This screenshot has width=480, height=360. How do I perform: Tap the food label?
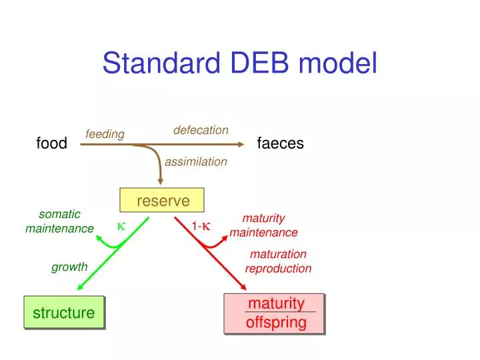[x=51, y=143]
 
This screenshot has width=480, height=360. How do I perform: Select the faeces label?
[x=280, y=143]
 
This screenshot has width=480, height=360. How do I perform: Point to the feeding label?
[x=105, y=135]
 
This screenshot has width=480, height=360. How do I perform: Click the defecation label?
[x=201, y=130]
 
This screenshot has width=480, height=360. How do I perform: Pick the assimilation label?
[x=196, y=161]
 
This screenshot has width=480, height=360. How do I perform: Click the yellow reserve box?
[x=162, y=201]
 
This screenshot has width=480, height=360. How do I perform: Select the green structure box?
[x=64, y=313]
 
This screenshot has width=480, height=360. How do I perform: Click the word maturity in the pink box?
[x=276, y=303]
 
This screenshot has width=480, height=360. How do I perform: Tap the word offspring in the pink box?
[x=276, y=323]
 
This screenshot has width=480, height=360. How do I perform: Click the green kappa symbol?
[x=121, y=226]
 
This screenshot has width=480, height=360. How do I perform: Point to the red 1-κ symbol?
[x=201, y=226]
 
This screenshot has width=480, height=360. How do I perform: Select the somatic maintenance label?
[x=59, y=221]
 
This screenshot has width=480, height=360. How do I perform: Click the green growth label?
[x=69, y=267]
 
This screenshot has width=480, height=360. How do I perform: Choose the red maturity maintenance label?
[x=264, y=225]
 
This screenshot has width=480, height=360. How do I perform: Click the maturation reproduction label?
[x=278, y=261]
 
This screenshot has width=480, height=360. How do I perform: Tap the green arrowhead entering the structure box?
[x=80, y=287]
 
